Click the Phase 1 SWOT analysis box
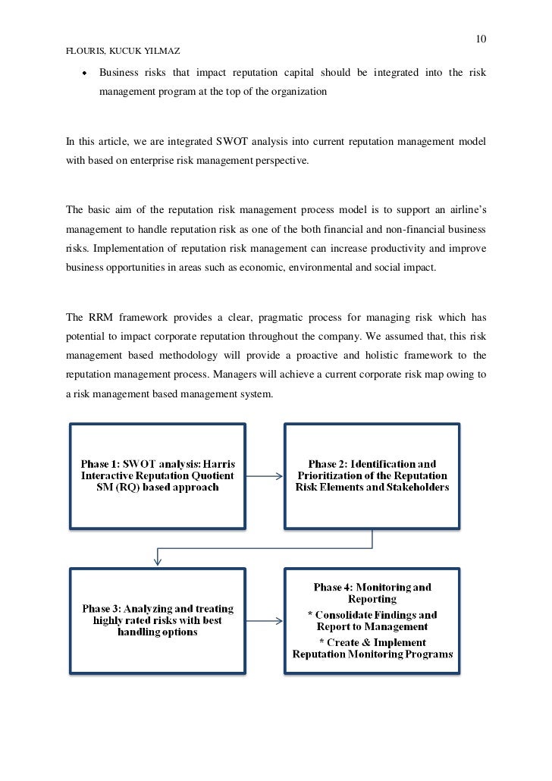click(158, 475)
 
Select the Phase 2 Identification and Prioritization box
click(372, 475)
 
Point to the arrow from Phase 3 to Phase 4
click(265, 621)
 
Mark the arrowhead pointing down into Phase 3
click(158, 561)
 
